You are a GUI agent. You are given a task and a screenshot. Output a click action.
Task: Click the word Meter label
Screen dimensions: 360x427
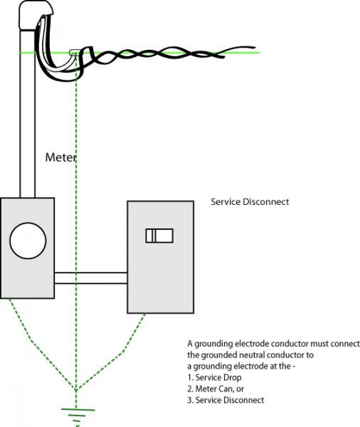pos(60,157)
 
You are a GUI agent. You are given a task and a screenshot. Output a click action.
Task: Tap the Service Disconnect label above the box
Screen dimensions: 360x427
pos(250,202)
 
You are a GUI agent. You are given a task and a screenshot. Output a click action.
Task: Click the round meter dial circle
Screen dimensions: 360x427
pos(28,241)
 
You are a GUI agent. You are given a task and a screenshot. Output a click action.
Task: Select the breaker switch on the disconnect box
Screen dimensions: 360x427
pos(159,236)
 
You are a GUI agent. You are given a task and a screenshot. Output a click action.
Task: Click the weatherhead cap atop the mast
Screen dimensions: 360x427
pos(36,14)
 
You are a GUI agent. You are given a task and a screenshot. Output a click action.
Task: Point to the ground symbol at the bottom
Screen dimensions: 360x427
pos(78,416)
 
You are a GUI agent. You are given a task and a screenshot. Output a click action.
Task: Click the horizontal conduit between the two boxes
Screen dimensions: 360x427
pos(90,278)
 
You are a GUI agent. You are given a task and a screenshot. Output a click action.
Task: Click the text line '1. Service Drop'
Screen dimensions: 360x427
pos(214,377)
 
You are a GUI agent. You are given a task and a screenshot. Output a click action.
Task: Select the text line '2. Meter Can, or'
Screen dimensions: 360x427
pos(216,389)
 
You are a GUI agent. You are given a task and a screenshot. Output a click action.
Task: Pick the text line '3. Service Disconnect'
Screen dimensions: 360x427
pos(226,400)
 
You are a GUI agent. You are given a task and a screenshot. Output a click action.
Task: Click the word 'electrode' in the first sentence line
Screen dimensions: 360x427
pos(250,344)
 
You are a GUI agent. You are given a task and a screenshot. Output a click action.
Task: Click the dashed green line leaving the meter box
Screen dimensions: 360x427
pos(41,344)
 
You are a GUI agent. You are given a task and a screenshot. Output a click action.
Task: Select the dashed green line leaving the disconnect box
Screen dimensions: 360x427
pos(111,352)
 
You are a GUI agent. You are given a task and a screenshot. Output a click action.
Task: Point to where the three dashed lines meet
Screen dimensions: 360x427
pos(76,390)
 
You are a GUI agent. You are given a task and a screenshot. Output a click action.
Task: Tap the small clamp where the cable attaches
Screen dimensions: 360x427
pos(75,51)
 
